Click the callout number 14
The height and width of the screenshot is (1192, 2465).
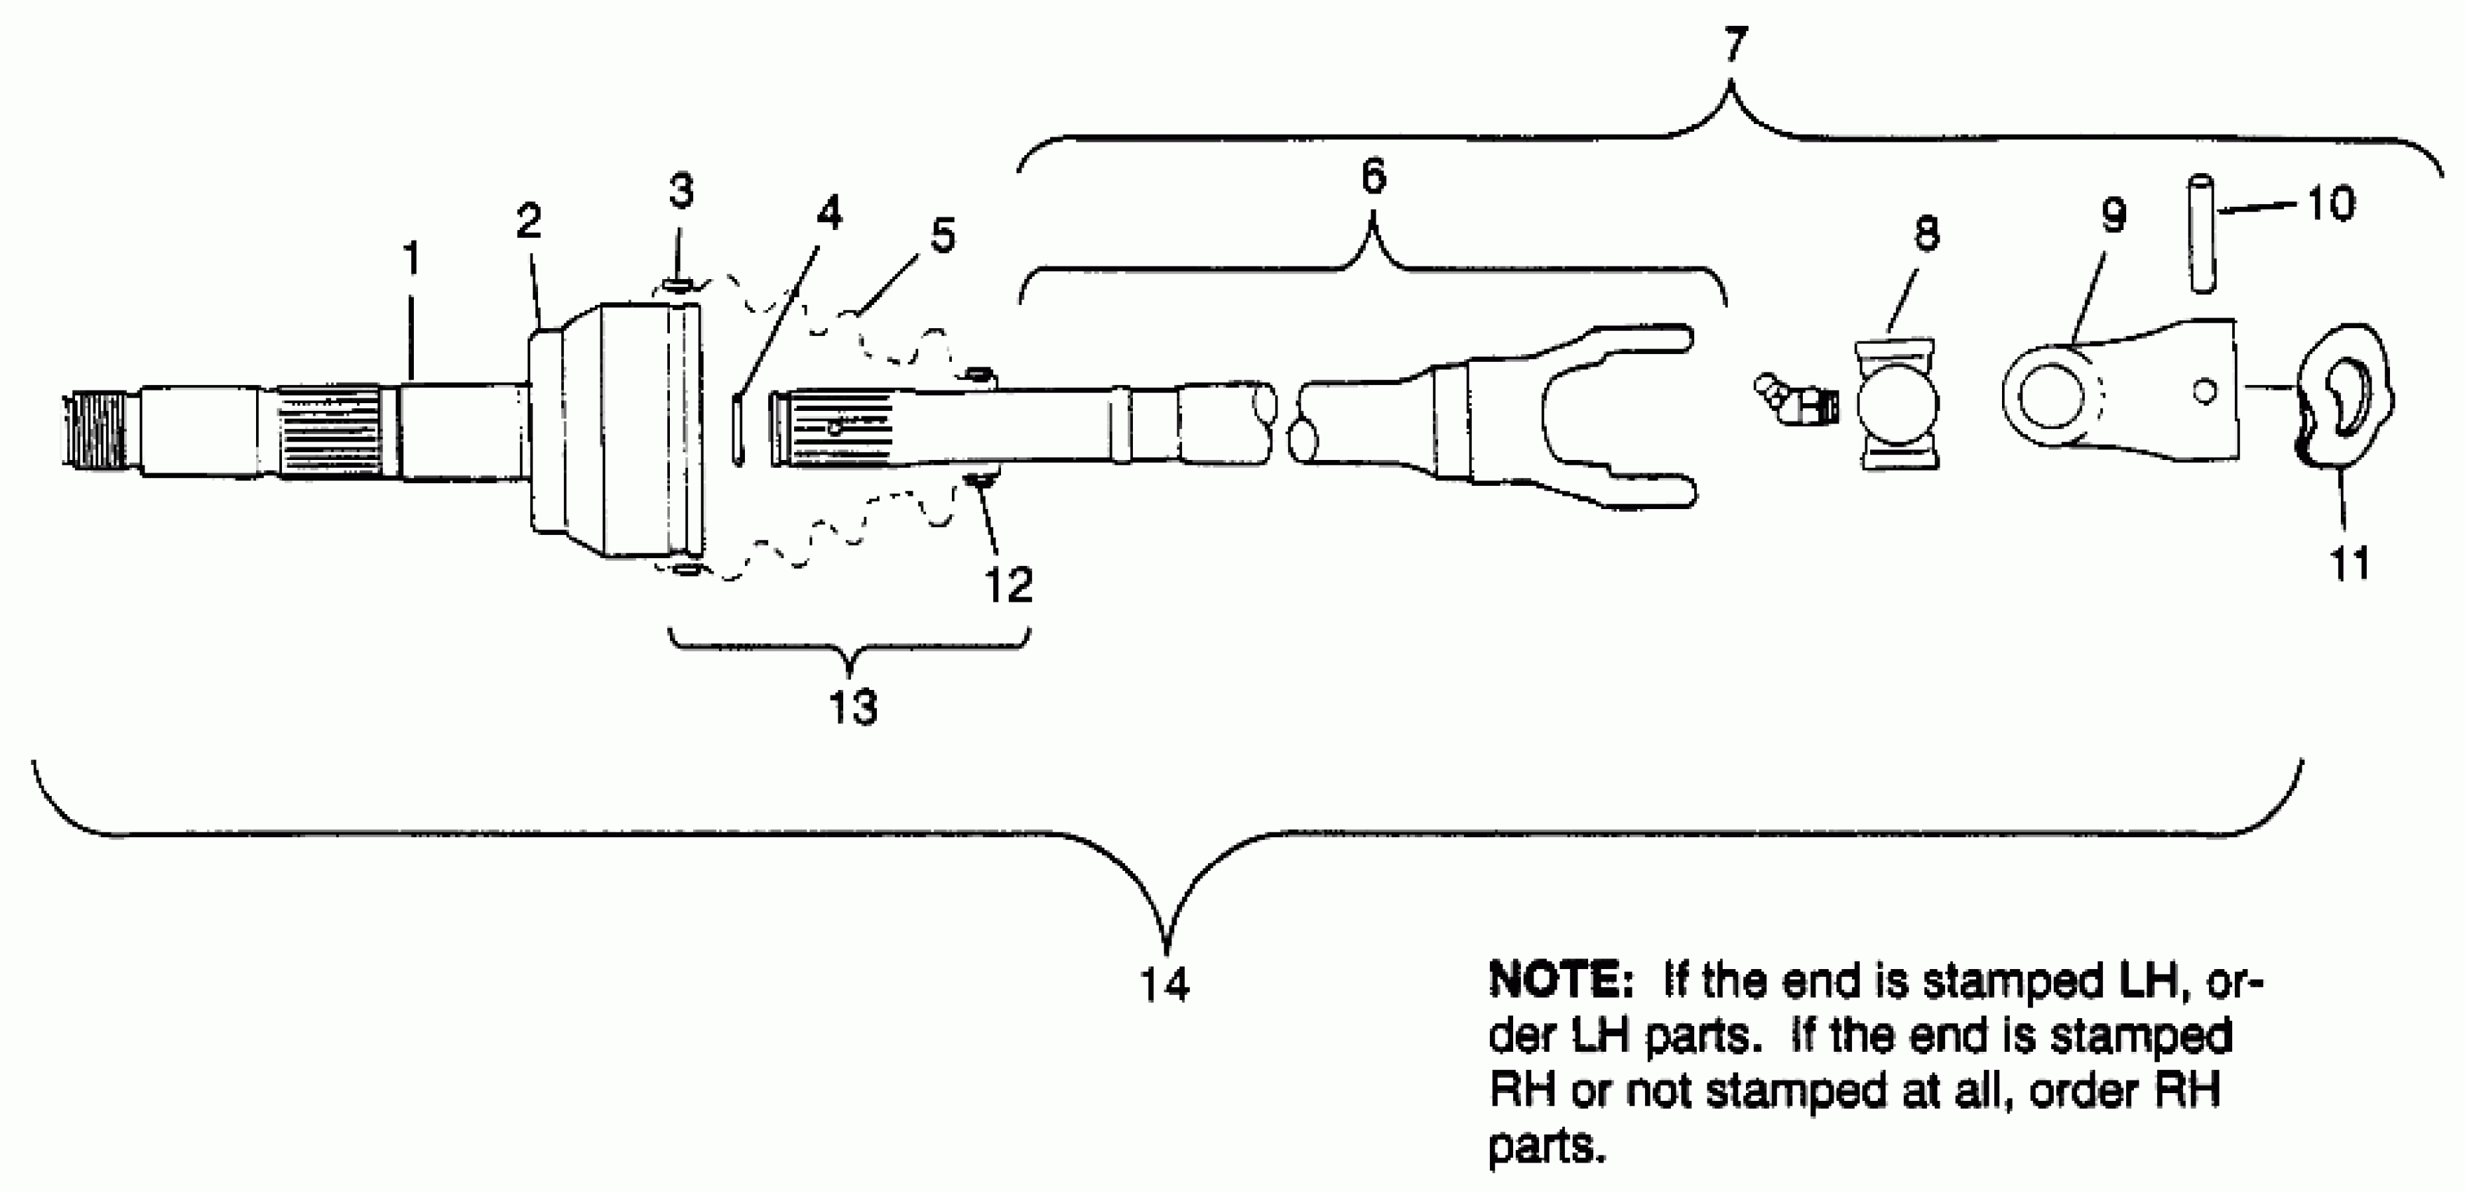coord(1164,984)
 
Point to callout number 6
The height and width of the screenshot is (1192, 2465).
coord(1373,177)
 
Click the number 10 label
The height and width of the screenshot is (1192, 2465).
coord(2331,204)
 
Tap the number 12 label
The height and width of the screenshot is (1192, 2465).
coord(1009,583)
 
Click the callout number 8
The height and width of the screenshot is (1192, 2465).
coord(1926,233)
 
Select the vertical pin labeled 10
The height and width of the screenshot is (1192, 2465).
coord(2203,233)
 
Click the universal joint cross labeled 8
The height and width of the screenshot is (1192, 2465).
coord(1898,404)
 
